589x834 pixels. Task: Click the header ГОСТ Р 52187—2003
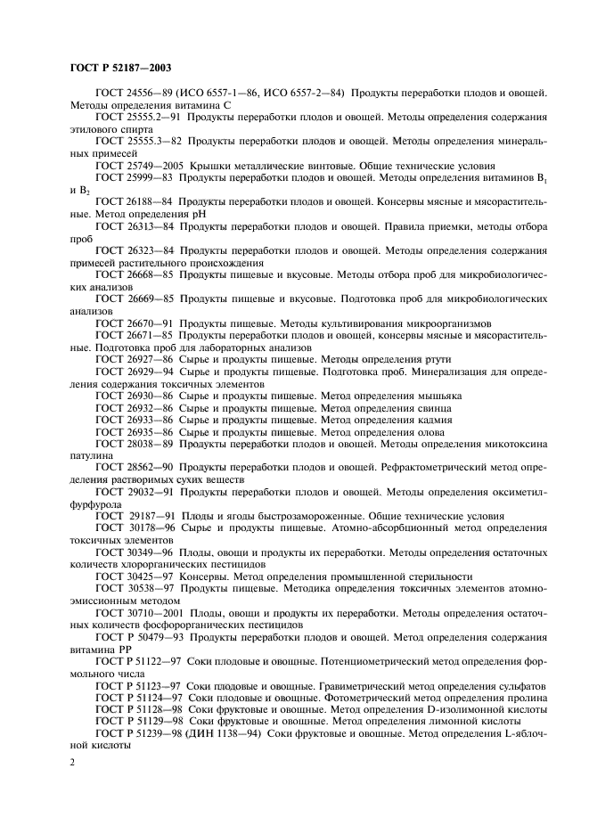pyautogui.click(x=115, y=68)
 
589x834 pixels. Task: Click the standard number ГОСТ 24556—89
pyautogui.click(x=133, y=94)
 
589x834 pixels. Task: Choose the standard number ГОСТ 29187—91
pyautogui.click(x=134, y=516)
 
